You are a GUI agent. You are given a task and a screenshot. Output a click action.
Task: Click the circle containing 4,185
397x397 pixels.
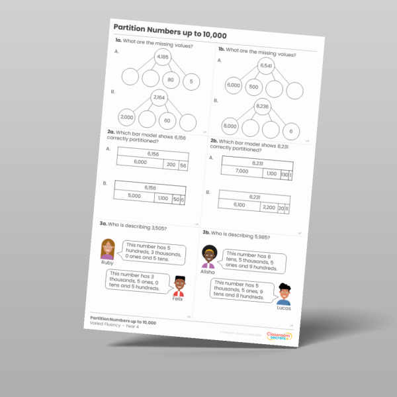click(x=163, y=58)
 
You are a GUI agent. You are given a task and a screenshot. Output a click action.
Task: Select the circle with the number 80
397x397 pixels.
click(x=171, y=80)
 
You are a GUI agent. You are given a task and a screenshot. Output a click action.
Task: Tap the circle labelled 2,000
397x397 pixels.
click(x=127, y=117)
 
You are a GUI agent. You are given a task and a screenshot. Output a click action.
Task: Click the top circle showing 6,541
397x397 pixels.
click(x=266, y=67)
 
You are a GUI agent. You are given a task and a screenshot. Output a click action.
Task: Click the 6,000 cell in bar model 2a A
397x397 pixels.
click(x=140, y=162)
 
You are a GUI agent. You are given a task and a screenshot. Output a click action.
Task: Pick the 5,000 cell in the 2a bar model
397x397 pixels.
click(x=134, y=196)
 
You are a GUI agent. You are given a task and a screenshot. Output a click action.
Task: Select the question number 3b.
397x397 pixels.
click(x=205, y=234)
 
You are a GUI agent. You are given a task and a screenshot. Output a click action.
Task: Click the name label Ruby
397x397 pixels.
click(x=107, y=263)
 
